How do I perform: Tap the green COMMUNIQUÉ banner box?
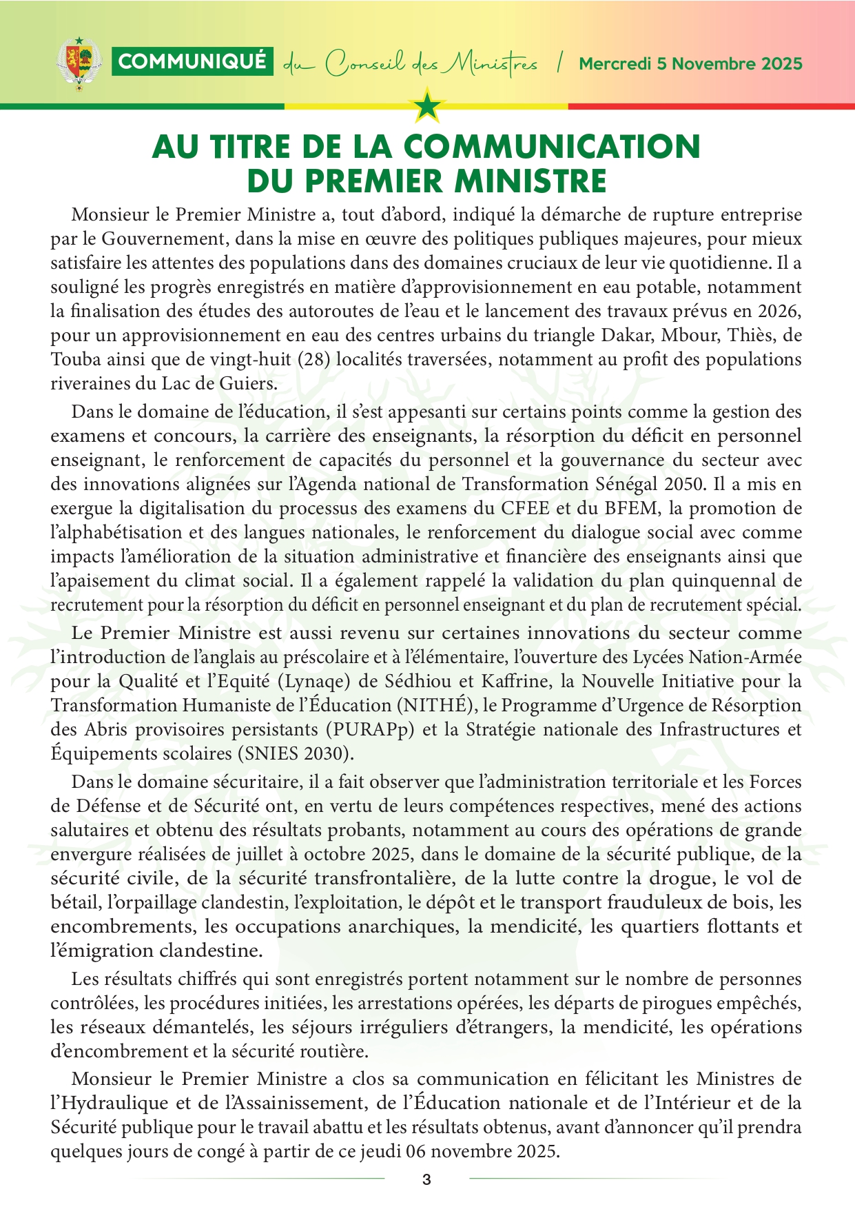tap(192, 62)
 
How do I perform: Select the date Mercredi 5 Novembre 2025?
tap(690, 64)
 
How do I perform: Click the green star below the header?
tap(427, 105)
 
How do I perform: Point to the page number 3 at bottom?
tap(426, 1179)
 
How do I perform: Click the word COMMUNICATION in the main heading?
tap(552, 147)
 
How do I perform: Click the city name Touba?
tap(74, 360)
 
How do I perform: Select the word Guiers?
tap(248, 384)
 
